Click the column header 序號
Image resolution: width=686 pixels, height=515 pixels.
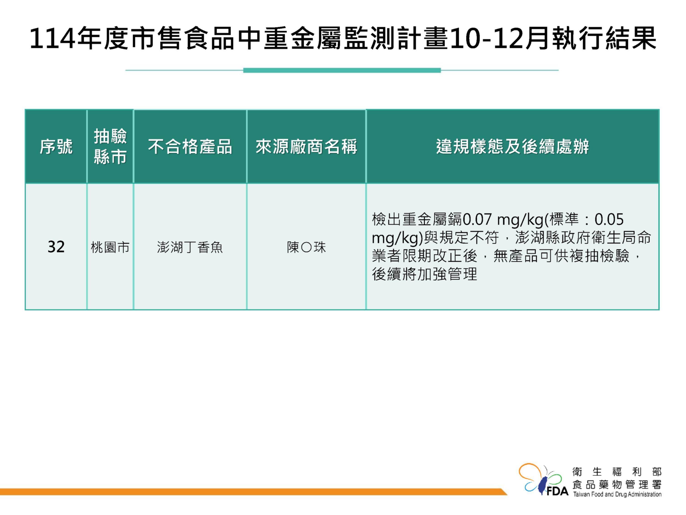coord(56,146)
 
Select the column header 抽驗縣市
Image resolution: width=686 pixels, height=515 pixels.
coord(110,146)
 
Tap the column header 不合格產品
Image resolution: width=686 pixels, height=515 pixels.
coord(190,146)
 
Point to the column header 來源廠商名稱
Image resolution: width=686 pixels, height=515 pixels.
coord(306,146)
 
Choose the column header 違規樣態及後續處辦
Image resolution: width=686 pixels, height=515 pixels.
coord(512,146)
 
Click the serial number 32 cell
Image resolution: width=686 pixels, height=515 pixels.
coord(56,247)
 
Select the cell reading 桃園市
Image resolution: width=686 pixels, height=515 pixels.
coord(110,247)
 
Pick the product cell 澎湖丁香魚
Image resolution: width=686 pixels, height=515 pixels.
coord(190,247)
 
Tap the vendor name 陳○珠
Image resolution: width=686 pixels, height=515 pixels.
coord(306,247)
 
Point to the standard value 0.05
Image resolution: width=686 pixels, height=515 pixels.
coord(609,220)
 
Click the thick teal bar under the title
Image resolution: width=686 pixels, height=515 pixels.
coord(342,70)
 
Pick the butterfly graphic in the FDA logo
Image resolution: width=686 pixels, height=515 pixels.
coord(540,480)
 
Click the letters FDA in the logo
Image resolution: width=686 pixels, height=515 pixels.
coord(557,491)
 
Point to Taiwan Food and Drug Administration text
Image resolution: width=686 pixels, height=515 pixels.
coord(617,494)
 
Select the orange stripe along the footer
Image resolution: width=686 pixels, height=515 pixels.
coord(253,492)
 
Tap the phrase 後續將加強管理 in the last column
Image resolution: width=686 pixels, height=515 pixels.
coord(424,274)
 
